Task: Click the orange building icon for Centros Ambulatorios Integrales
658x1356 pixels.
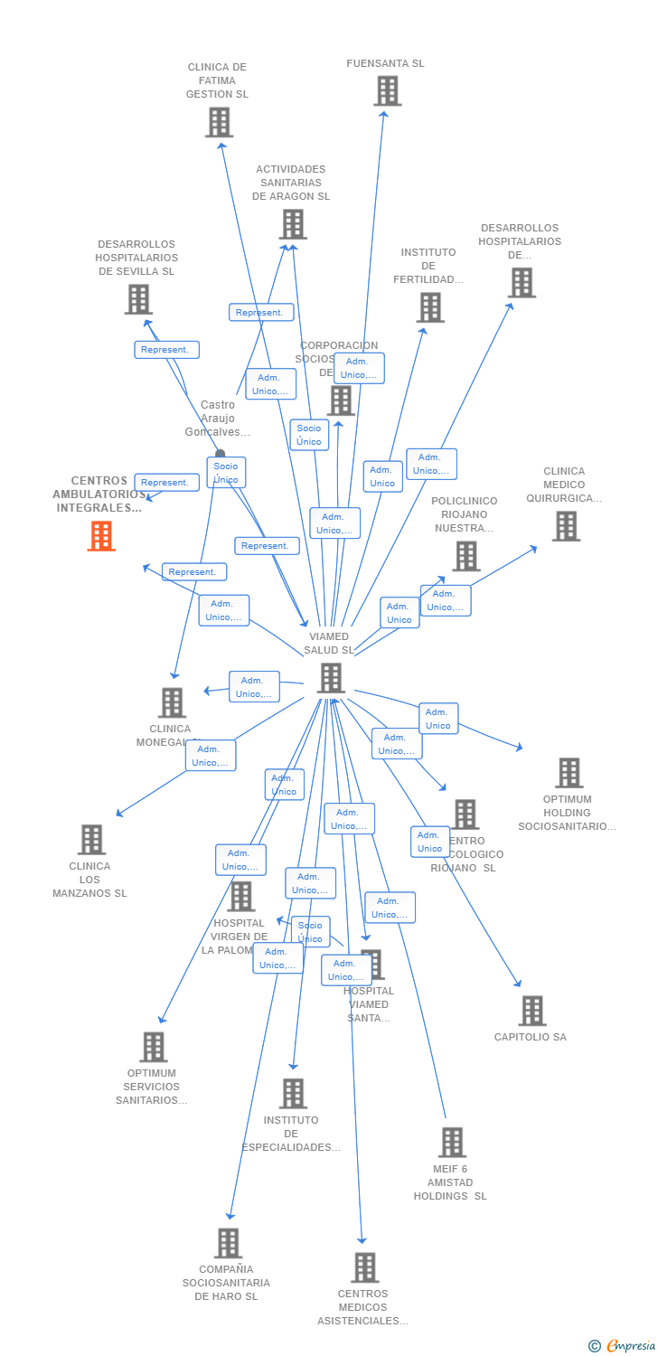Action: pos(101,536)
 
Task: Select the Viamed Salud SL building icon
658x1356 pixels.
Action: pos(331,678)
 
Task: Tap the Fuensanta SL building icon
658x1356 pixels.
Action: pos(387,91)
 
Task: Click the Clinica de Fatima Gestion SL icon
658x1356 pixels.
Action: pos(219,122)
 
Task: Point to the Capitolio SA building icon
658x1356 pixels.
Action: pos(532,1011)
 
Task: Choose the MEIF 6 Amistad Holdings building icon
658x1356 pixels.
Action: pos(452,1142)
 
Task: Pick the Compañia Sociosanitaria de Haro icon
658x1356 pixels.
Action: pos(229,1243)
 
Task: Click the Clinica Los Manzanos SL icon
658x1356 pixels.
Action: pos(91,840)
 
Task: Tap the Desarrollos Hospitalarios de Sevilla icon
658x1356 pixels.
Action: pos(138,299)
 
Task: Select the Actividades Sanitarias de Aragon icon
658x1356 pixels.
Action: pos(293,224)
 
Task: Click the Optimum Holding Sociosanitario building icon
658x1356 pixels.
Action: pos(569,773)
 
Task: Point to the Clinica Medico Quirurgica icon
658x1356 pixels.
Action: pos(566,526)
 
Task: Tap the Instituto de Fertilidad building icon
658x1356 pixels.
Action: pos(430,307)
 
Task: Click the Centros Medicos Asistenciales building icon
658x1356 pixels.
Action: pos(364,1267)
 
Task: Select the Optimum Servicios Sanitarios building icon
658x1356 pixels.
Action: pos(153,1047)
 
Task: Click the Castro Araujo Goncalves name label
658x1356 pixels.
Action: pos(217,419)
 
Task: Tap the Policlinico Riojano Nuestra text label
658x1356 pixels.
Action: pos(465,514)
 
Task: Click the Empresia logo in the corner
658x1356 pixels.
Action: pos(623,1346)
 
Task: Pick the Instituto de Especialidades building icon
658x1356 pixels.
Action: pos(293,1094)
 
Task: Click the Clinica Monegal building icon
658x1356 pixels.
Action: pos(172,702)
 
